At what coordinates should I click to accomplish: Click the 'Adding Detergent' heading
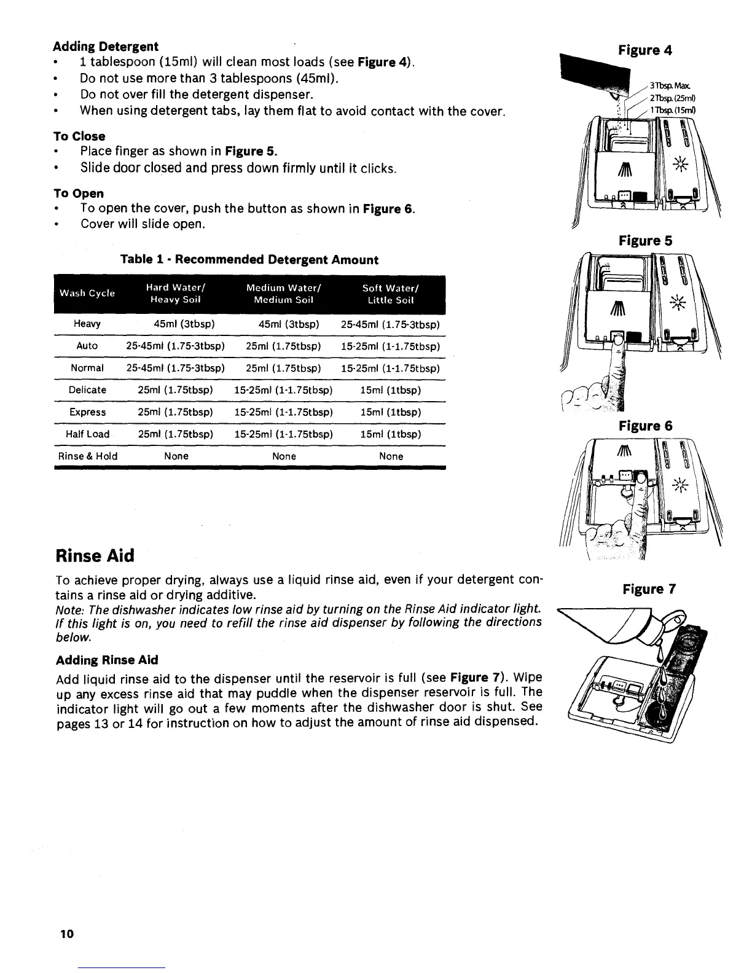(106, 46)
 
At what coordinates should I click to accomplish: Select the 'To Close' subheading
(79, 136)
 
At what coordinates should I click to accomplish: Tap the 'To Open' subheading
(79, 193)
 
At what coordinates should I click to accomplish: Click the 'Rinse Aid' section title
(95, 555)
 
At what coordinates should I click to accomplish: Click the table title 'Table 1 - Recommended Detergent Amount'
(249, 259)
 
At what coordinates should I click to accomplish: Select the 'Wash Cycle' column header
(87, 293)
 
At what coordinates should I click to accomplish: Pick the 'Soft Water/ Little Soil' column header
(391, 294)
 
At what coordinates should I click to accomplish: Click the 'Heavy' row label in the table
(87, 324)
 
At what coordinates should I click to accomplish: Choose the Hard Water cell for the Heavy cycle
(176, 324)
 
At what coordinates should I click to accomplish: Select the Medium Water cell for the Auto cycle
(284, 346)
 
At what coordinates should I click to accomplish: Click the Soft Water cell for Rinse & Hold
(391, 456)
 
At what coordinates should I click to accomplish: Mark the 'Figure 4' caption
(644, 50)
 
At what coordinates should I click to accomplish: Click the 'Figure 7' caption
(649, 590)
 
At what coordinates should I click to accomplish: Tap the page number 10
(66, 934)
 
